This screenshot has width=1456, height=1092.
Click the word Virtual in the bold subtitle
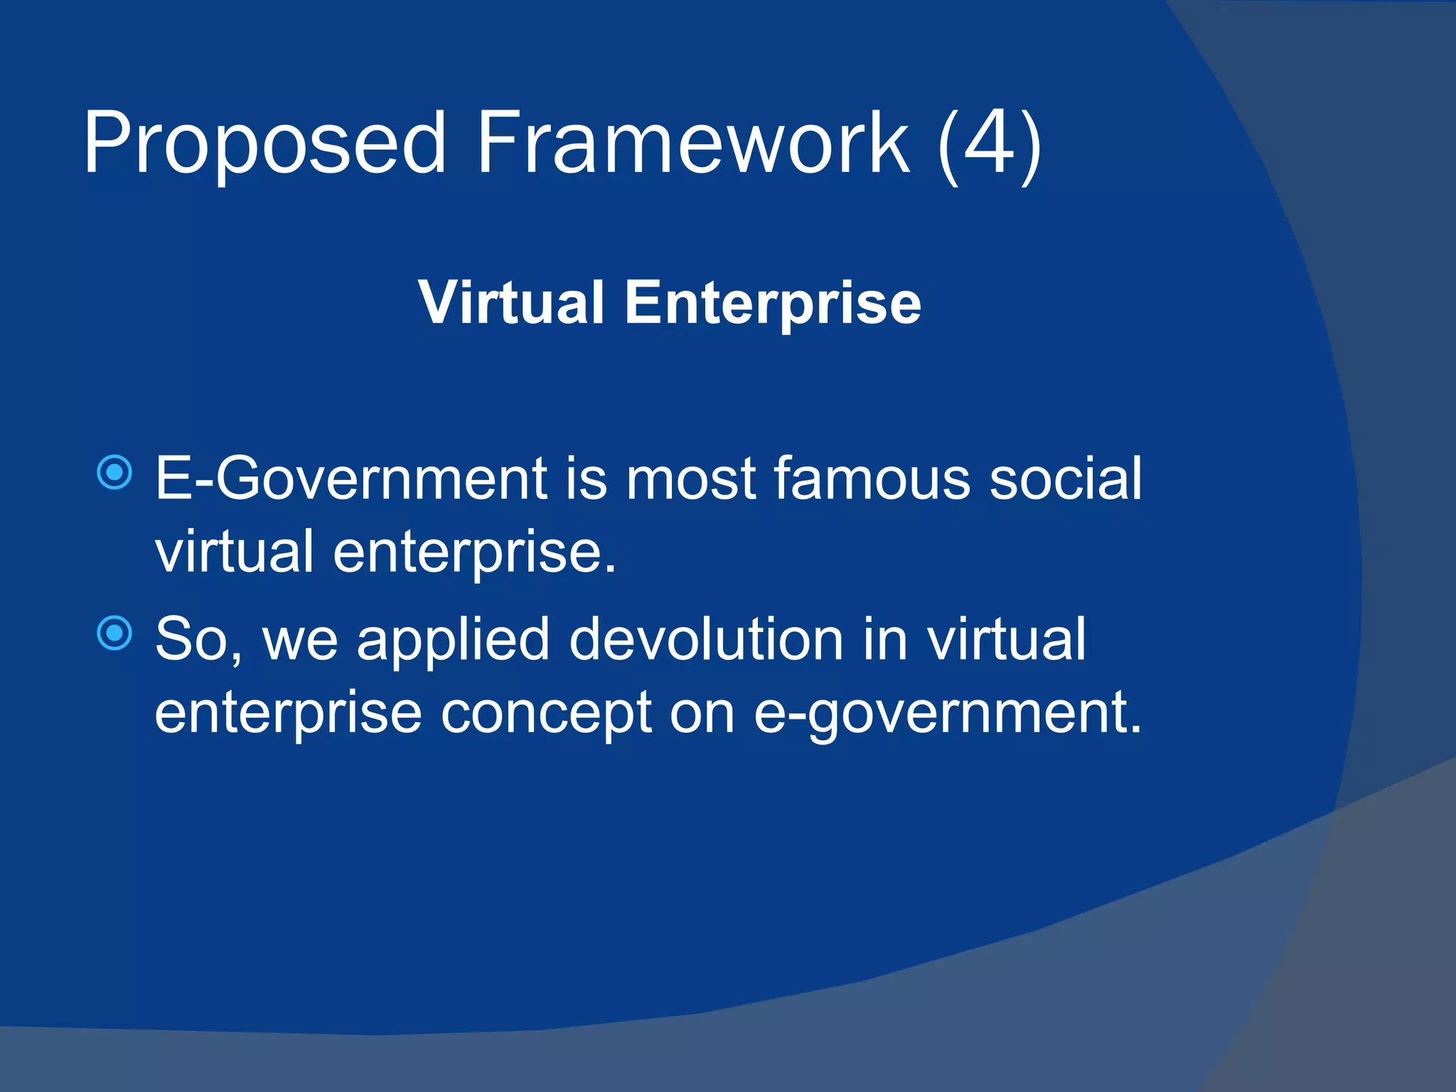point(510,303)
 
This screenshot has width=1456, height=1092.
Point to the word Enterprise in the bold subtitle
point(773,303)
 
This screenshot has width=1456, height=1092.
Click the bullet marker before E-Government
point(114,472)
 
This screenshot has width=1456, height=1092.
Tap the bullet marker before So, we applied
point(114,633)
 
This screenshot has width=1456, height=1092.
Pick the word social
point(1066,479)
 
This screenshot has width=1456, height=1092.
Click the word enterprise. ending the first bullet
point(474,553)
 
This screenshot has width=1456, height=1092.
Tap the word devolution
point(707,640)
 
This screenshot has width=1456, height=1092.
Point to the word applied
point(454,640)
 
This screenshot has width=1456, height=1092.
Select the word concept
point(546,714)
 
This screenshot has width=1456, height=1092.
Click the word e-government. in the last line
point(948,714)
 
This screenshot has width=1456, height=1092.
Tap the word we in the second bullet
point(300,640)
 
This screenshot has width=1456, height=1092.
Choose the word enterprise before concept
point(289,714)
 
